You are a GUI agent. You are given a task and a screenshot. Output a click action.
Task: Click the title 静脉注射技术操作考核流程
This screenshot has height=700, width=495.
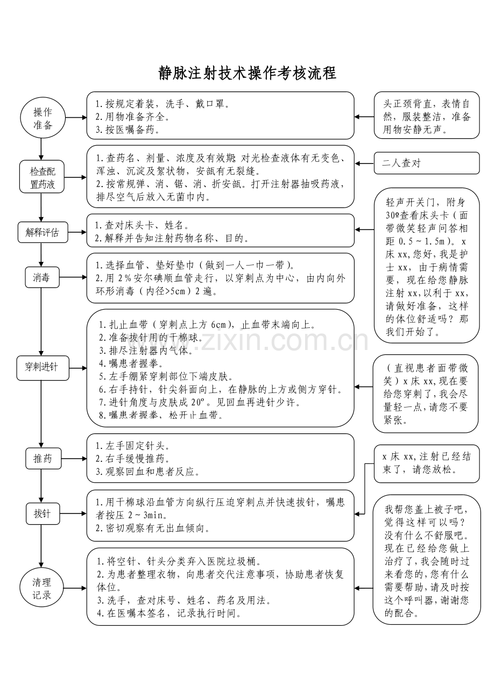pyautogui.click(x=247, y=73)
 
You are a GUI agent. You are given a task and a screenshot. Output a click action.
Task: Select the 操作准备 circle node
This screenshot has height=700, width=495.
pyautogui.click(x=43, y=118)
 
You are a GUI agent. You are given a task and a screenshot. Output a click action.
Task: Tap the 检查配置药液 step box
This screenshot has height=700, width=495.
pyautogui.click(x=43, y=178)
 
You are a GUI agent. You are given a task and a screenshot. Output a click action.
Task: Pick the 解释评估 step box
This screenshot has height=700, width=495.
pyautogui.click(x=42, y=233)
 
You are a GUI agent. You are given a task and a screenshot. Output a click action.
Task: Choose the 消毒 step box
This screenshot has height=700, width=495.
pyautogui.click(x=42, y=277)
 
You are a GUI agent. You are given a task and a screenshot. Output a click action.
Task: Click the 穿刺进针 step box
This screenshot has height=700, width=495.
pyautogui.click(x=42, y=368)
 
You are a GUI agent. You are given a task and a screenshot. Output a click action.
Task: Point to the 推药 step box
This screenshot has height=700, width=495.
pyautogui.click(x=43, y=459)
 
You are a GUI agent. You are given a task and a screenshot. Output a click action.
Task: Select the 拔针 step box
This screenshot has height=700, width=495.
pyautogui.click(x=42, y=513)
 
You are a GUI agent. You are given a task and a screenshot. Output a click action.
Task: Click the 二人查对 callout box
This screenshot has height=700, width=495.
pyautogui.click(x=426, y=163)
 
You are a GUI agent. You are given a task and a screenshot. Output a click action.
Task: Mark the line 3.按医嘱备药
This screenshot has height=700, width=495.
pyautogui.click(x=128, y=130)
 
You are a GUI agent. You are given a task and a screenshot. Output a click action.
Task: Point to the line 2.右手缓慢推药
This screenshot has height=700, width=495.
pyautogui.click(x=133, y=459)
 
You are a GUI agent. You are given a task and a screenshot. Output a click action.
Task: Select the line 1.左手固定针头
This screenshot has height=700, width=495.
pyautogui.click(x=133, y=446)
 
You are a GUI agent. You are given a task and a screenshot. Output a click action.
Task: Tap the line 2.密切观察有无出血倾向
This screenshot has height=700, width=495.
pyautogui.click(x=153, y=528)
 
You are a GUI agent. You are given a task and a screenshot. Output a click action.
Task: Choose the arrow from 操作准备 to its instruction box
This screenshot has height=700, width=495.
pyautogui.click(x=76, y=117)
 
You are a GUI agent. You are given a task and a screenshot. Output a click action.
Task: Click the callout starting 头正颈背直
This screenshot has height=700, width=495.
pyautogui.click(x=426, y=117)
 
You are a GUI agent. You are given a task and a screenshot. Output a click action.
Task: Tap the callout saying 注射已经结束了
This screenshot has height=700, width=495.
pyautogui.click(x=426, y=463)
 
